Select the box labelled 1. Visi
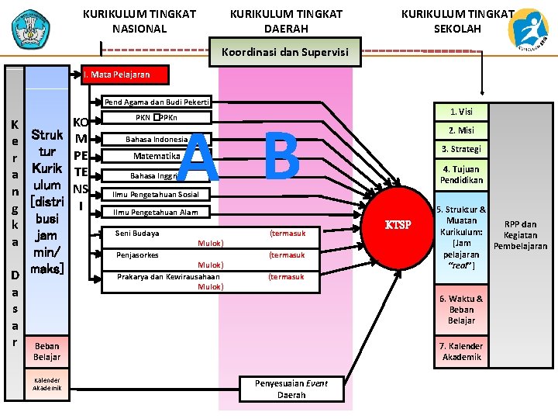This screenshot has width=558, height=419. click(461, 112)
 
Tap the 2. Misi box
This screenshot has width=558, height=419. click(461, 130)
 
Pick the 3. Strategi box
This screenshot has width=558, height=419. click(461, 149)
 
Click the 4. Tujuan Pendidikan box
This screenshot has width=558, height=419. click(461, 175)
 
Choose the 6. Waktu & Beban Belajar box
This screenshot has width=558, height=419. click(461, 310)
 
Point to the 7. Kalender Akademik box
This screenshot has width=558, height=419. click(461, 351)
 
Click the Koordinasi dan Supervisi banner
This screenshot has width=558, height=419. click(284, 53)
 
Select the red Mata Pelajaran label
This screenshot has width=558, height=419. click(116, 75)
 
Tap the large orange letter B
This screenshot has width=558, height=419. click(282, 156)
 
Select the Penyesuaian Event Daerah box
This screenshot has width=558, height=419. click(291, 389)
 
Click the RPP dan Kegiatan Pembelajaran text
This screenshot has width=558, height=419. click(520, 235)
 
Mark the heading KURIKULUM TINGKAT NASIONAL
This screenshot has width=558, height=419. click(139, 22)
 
